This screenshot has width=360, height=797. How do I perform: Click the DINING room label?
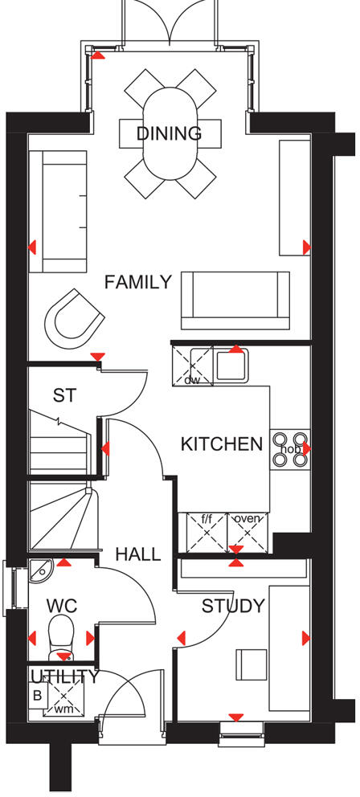(168, 133)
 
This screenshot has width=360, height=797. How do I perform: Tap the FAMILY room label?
(138, 282)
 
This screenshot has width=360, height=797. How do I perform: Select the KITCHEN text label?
(221, 443)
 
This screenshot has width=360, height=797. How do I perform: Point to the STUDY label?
(233, 606)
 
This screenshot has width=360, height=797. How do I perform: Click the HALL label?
(137, 554)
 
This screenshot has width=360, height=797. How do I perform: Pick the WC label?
(61, 604)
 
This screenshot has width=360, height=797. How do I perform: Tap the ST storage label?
(64, 395)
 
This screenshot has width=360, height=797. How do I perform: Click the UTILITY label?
(63, 676)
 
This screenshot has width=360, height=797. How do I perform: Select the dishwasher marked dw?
(192, 366)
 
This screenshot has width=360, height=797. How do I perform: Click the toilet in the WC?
(61, 635)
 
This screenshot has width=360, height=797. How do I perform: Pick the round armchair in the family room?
(73, 317)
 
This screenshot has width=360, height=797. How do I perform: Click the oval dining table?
(168, 133)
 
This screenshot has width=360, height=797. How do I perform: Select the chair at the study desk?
(251, 664)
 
